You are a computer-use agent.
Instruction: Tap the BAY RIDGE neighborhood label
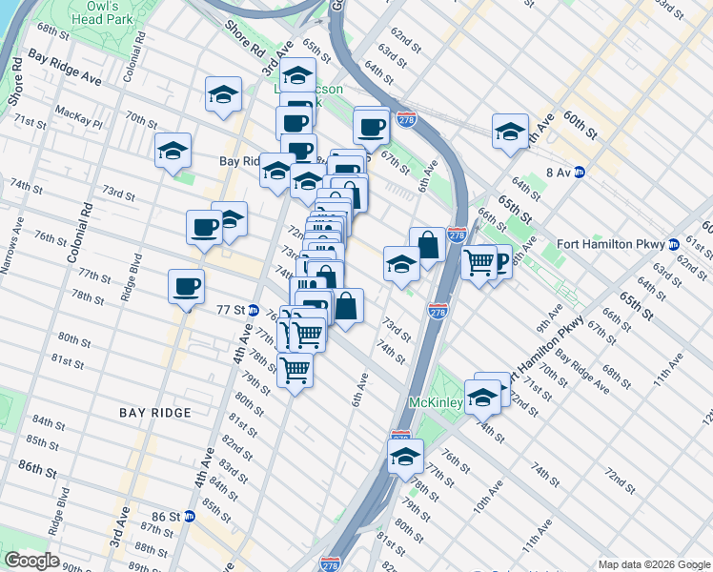click(155, 413)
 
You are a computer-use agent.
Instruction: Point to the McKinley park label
click(437, 403)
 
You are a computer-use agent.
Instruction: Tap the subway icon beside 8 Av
click(579, 173)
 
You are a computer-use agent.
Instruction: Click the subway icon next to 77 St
click(254, 310)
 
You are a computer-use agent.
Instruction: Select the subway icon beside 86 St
click(189, 517)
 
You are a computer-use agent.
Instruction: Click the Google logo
click(31, 561)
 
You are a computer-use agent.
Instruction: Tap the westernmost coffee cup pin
click(186, 284)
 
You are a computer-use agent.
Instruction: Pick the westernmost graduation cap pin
click(173, 151)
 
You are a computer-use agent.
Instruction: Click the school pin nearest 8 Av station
click(510, 132)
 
